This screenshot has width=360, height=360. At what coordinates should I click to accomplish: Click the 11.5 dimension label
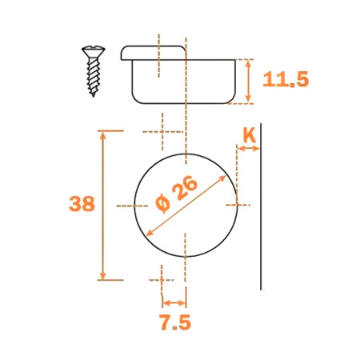286,79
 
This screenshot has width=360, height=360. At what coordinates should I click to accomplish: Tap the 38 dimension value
82,204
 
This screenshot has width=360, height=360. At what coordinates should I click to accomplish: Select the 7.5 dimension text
175,322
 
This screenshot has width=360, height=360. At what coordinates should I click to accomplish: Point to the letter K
250,135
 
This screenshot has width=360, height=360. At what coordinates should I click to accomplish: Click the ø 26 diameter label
177,194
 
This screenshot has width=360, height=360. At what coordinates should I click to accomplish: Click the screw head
94,51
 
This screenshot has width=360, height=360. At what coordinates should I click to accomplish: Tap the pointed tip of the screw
94,95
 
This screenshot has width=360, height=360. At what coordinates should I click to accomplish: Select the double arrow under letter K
248,149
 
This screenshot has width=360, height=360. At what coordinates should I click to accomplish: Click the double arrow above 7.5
174,303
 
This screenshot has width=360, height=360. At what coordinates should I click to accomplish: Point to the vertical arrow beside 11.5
248,81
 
